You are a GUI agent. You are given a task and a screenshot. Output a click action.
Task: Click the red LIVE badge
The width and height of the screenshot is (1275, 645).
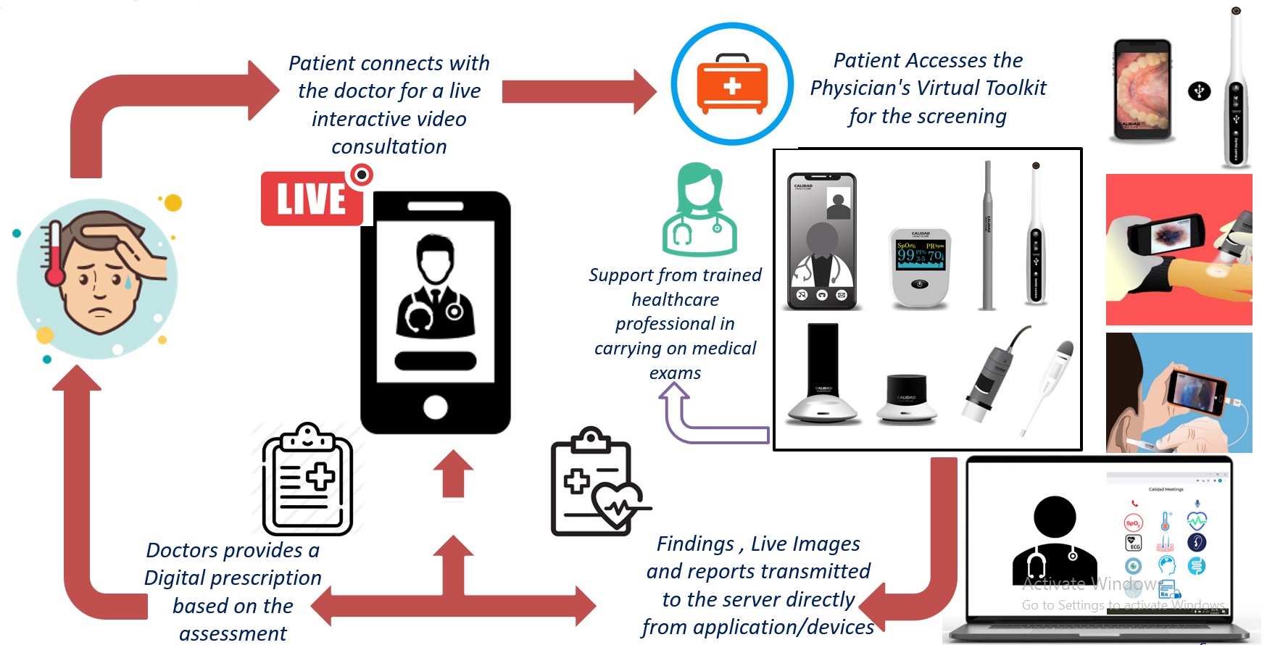(x=312, y=199)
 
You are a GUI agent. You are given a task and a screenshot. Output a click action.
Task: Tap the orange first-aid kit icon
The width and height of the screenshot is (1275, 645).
(x=732, y=84)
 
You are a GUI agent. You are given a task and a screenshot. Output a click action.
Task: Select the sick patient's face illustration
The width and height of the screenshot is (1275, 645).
(x=97, y=279)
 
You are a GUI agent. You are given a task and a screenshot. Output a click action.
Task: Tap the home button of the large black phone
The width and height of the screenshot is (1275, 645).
(x=435, y=407)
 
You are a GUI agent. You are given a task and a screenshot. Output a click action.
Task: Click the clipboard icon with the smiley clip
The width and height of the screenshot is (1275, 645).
(x=307, y=480)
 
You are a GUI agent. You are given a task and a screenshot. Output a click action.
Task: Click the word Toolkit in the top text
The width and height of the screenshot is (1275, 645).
(x=1016, y=88)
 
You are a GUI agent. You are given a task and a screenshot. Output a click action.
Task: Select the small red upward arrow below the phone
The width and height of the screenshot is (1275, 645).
(x=453, y=474)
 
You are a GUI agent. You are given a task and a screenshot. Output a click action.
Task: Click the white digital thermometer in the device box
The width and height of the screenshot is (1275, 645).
(x=1047, y=384)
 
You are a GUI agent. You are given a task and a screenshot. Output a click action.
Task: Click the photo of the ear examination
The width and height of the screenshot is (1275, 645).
(x=1179, y=393)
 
